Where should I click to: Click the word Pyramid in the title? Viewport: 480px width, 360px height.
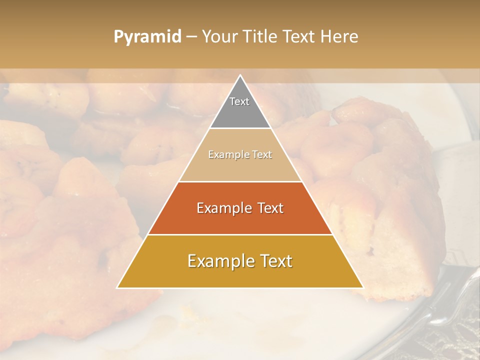[x=147, y=37]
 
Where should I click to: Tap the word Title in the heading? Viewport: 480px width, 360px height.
[x=263, y=36]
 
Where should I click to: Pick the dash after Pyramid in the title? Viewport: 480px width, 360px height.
[x=191, y=37]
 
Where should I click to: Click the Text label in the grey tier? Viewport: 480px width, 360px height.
[x=239, y=101]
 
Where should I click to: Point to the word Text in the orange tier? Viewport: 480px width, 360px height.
[x=269, y=208]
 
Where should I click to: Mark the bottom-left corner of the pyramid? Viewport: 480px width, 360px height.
[x=117, y=288]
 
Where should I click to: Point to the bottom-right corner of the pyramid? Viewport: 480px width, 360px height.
[x=363, y=288]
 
